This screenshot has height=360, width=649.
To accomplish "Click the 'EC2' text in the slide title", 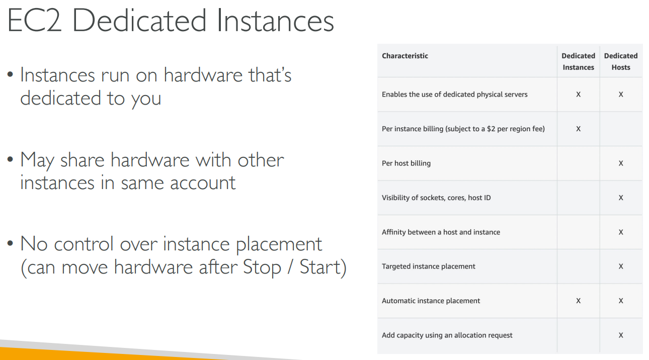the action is pos(35,21).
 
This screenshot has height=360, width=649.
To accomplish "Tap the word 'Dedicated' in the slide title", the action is pos(139,21).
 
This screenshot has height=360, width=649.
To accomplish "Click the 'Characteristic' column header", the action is pos(405,56).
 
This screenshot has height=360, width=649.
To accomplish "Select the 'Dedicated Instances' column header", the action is pos(578,61).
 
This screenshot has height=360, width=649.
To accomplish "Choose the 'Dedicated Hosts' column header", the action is pos(621,61).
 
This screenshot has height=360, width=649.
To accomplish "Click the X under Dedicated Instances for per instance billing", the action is pos(578,129).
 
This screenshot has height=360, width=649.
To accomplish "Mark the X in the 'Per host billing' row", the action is pos(621,163).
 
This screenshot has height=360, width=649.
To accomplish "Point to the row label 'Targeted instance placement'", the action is pos(429,266).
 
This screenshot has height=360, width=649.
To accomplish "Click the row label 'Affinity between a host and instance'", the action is pos(441,232).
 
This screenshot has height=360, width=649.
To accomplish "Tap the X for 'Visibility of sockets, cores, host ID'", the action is pos(621,198).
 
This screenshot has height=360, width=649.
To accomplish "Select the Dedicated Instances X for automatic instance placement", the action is pos(578,301).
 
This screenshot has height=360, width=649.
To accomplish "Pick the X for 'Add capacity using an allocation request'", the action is pos(621,335).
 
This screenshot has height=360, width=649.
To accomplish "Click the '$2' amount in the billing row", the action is pos(491,129).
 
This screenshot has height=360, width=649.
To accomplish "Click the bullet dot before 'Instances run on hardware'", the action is pos(11,74).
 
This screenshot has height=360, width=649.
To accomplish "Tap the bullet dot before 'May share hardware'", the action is pos(11,159).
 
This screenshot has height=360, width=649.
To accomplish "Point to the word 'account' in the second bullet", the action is pos(203,184).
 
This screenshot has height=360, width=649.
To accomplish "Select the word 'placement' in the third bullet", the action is pos(279,245).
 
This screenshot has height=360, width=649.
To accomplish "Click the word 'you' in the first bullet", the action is pos(146,100).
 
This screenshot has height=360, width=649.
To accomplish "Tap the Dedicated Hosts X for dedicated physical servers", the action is pos(621,95).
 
